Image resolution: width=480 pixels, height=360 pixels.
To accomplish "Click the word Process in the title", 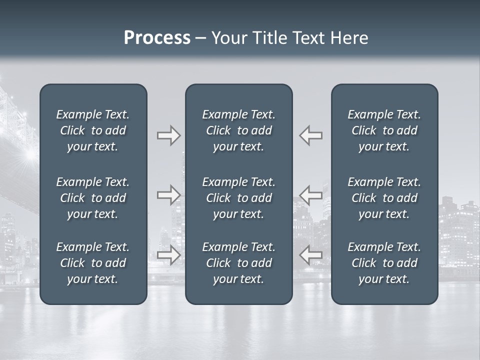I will [157, 38].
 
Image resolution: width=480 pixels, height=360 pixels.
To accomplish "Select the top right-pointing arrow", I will [169, 135].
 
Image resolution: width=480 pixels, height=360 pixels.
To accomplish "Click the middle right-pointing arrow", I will [169, 195].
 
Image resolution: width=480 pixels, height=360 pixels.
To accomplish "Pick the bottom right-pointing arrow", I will [169, 255].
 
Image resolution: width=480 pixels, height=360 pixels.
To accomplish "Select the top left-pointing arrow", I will [310, 135].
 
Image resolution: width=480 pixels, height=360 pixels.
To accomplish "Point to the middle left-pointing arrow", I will [310, 195].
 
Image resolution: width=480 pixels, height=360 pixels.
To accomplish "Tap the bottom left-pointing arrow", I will [310, 255].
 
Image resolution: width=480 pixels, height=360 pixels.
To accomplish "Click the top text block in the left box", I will [93, 130].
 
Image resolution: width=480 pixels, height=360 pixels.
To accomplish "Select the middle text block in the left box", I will [93, 198].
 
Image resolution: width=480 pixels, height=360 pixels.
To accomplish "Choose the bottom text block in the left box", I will [93, 263].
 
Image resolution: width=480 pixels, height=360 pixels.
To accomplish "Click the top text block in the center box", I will [238, 130].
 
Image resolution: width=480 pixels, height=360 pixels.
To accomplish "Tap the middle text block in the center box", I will [238, 198].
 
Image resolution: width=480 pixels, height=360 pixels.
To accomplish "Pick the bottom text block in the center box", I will [238, 263].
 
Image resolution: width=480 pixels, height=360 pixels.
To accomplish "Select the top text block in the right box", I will [384, 130].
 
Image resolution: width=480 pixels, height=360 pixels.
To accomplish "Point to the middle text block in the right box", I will [384, 198].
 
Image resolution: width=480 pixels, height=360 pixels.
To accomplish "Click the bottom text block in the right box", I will [384, 263].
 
